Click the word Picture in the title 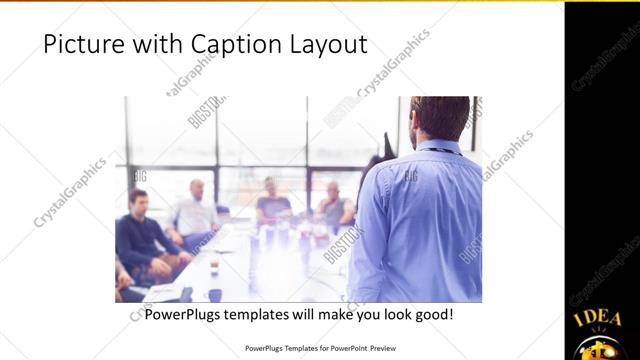pyautogui.click(x=78, y=45)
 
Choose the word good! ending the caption pyautogui.click(x=433, y=314)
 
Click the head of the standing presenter pyautogui.click(x=441, y=119)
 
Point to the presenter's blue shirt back pyautogui.click(x=426, y=220)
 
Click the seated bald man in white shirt pyautogui.click(x=196, y=212)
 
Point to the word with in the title pyautogui.click(x=140, y=45)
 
